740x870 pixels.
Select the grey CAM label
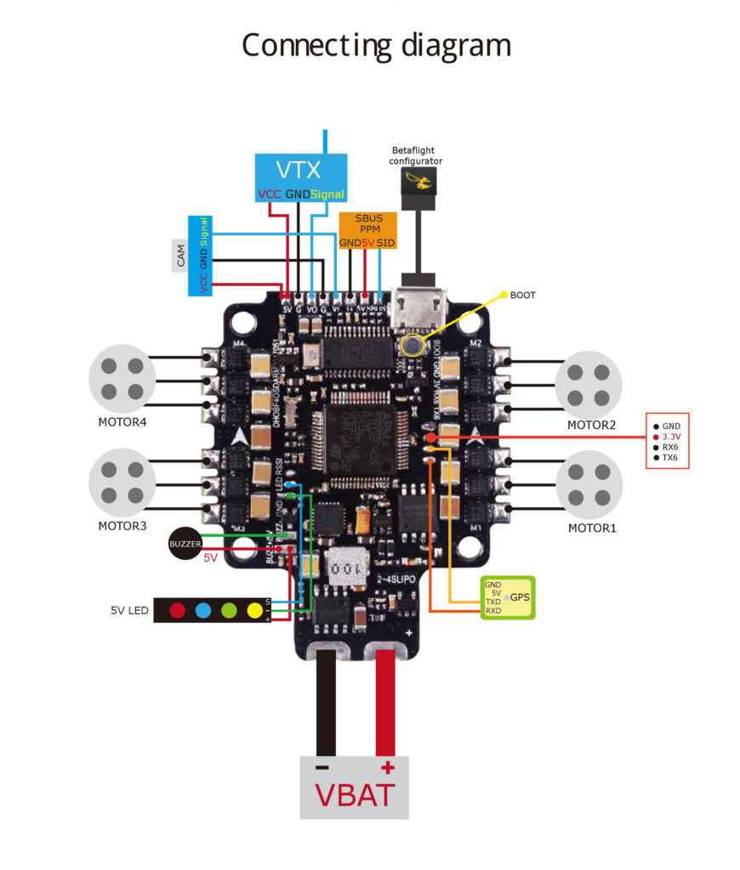180,256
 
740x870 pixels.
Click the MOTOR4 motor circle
122,376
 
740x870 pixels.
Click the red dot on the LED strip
177,610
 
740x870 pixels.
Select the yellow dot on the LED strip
253,610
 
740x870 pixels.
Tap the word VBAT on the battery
355,795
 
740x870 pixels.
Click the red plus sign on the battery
388,768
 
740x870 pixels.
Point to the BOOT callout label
522,295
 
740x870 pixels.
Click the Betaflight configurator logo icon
417,180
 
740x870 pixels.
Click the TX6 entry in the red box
669,458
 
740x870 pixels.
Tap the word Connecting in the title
307,44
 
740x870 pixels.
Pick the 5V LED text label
129,610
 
